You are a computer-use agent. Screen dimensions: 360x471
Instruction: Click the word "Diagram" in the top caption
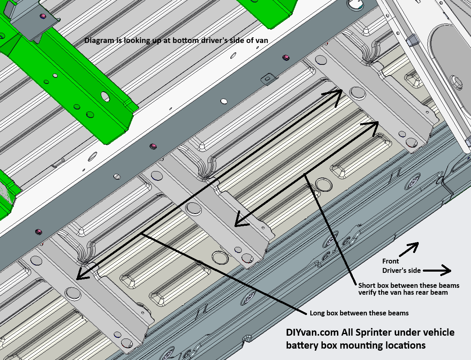[97, 41]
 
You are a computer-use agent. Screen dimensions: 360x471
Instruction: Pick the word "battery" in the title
[302, 345]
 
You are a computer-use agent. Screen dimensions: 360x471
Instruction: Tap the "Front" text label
[391, 261]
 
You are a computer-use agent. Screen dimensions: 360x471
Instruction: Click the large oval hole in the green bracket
[105, 96]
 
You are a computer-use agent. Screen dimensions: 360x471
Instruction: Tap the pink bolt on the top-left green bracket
[42, 16]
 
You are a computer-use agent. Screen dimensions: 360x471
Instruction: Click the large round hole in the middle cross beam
[194, 209]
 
